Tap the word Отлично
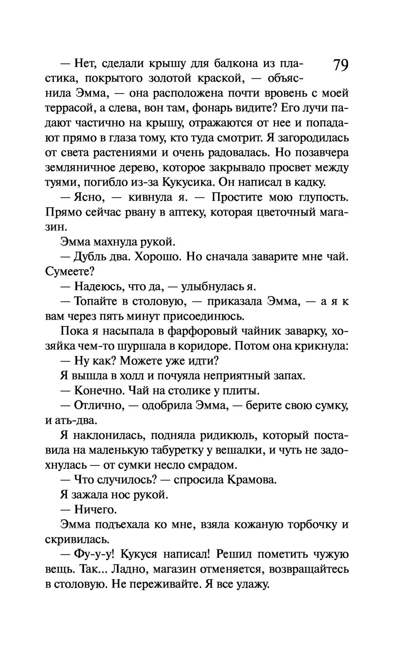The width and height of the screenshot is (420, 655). pos(97,405)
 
